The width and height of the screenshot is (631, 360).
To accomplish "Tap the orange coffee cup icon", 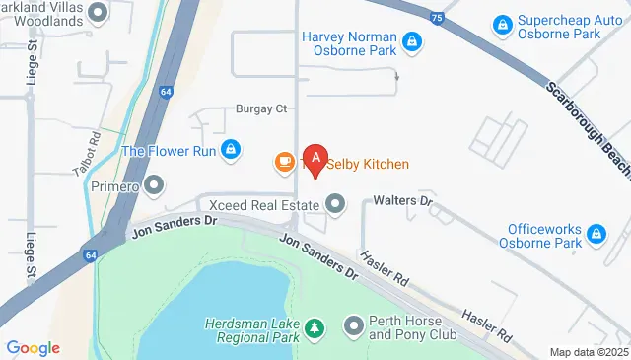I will (x=284, y=160).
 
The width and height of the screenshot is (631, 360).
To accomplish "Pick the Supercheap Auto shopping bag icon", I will (x=502, y=22).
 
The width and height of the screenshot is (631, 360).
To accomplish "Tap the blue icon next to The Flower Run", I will (x=230, y=150).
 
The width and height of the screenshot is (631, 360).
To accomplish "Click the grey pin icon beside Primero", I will (x=154, y=185).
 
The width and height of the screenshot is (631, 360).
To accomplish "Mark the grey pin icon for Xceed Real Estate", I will (x=336, y=205).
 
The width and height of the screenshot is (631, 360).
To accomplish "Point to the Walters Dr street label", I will (x=403, y=200).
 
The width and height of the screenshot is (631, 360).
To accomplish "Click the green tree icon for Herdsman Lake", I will (x=314, y=326).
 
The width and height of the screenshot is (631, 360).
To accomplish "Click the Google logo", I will (x=33, y=347).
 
